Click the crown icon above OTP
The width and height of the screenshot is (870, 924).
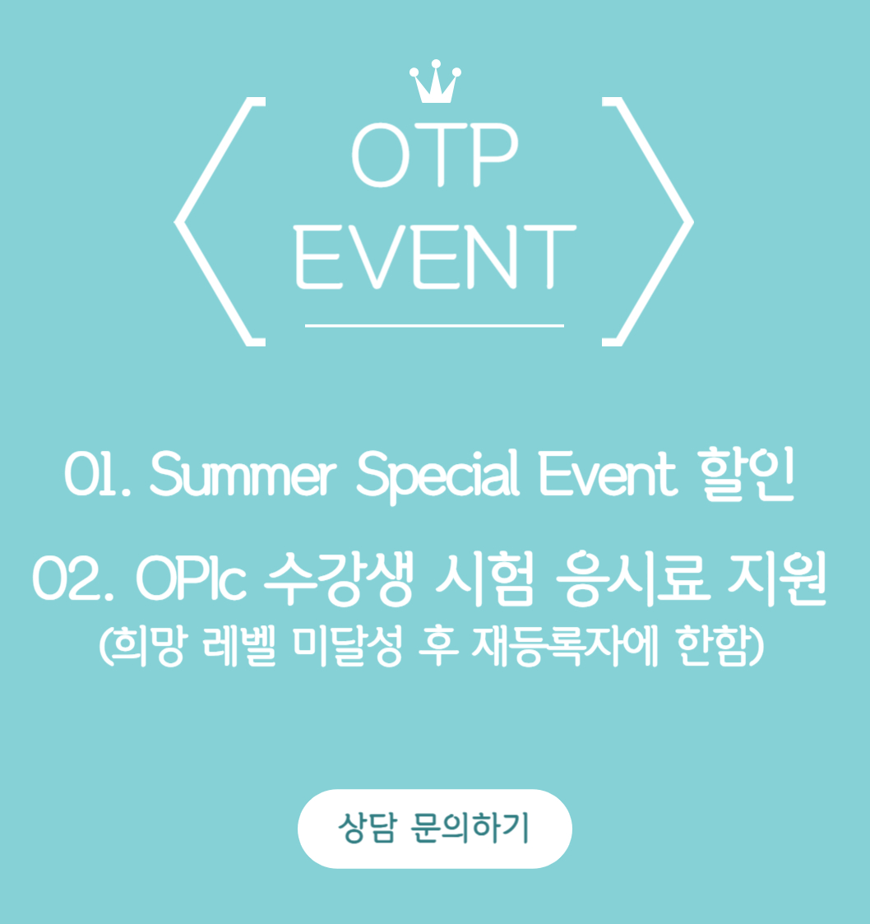pyautogui.click(x=435, y=82)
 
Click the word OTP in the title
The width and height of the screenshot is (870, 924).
pyautogui.click(x=435, y=155)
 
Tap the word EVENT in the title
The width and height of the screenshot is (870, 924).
pyautogui.click(x=435, y=257)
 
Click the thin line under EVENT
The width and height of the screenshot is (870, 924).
pyautogui.click(x=434, y=325)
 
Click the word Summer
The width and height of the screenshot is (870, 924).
pyautogui.click(x=243, y=474)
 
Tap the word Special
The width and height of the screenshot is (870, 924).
pyautogui.click(x=437, y=476)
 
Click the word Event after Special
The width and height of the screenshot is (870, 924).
pyautogui.click(x=608, y=474)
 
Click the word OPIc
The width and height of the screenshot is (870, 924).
pyautogui.click(x=191, y=578)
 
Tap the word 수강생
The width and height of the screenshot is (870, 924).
pyautogui.click(x=338, y=578)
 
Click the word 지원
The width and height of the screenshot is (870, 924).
pyautogui.click(x=777, y=578)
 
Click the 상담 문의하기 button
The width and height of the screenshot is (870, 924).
pyautogui.click(x=435, y=829)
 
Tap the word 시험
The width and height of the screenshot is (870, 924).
pyautogui.click(x=484, y=578)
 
